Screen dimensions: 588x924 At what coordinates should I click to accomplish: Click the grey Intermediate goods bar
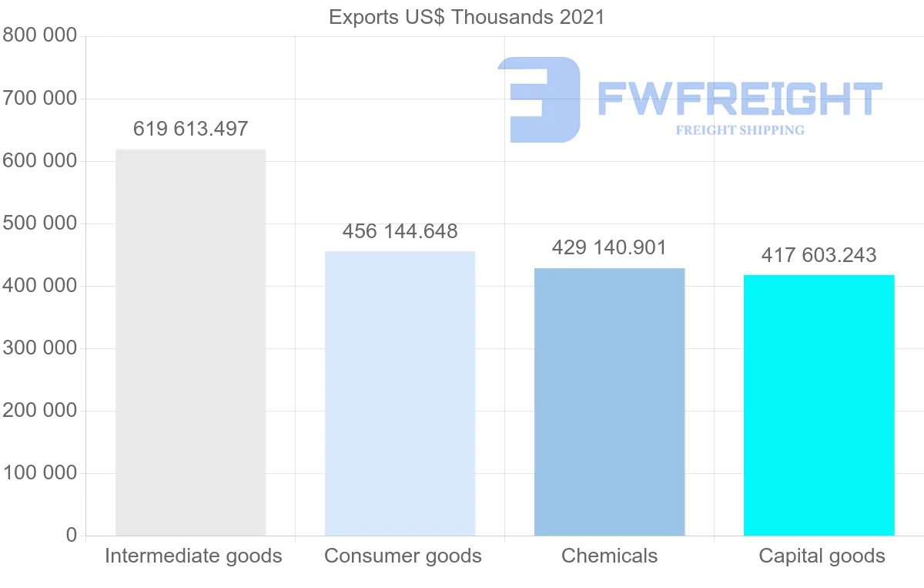pyautogui.click(x=190, y=342)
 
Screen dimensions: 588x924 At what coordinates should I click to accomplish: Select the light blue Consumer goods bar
pyautogui.click(x=400, y=393)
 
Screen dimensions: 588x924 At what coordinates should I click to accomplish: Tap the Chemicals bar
pyautogui.click(x=609, y=402)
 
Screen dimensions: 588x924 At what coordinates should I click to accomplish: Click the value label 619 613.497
pyautogui.click(x=190, y=129)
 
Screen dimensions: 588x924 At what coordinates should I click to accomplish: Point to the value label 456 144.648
pyautogui.click(x=400, y=231)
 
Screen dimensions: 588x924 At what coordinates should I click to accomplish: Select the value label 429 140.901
pyautogui.click(x=609, y=247)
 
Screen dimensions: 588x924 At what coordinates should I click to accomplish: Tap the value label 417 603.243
pyautogui.click(x=819, y=255)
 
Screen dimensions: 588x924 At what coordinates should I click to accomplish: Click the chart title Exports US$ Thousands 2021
pyautogui.click(x=467, y=17)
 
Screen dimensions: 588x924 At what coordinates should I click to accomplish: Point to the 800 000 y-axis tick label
pyautogui.click(x=39, y=35)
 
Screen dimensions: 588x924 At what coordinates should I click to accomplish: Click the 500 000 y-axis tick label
pyautogui.click(x=39, y=223)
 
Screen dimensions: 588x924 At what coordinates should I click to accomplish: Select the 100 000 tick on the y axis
pyautogui.click(x=39, y=472)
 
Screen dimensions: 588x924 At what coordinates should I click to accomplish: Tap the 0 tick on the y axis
pyautogui.click(x=71, y=535)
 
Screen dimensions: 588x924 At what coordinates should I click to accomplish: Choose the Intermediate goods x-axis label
pyautogui.click(x=193, y=556)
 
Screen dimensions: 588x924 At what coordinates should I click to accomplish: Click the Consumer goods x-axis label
pyautogui.click(x=403, y=556)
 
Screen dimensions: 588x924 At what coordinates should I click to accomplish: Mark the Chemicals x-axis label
pyautogui.click(x=609, y=556)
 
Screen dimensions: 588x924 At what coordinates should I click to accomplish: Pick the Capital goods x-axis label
pyautogui.click(x=822, y=556)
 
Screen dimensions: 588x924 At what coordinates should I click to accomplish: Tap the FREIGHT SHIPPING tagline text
pyautogui.click(x=739, y=130)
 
